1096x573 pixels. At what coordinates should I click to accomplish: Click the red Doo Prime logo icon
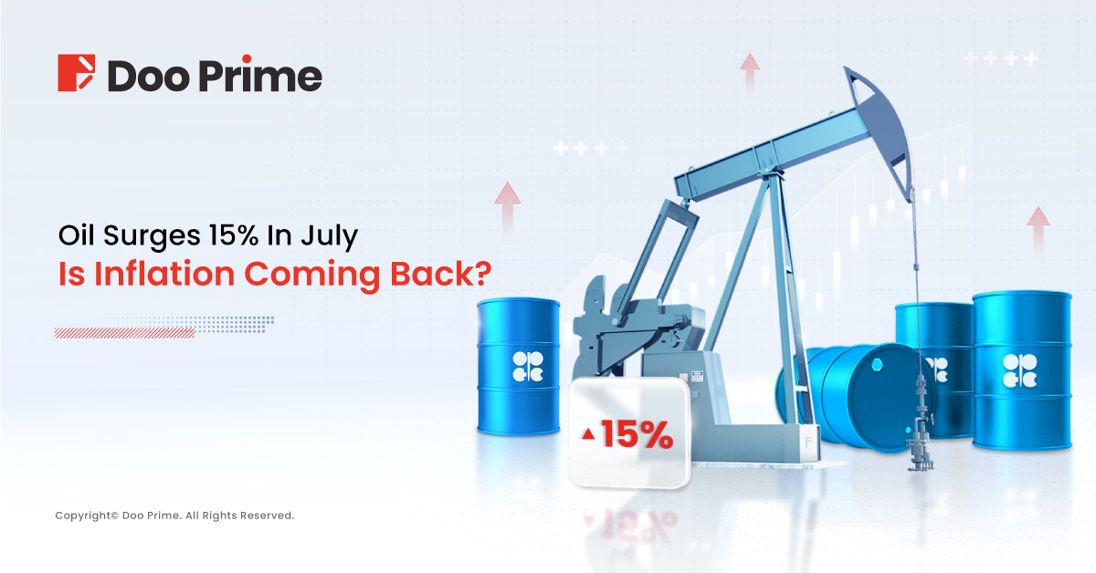click(x=77, y=72)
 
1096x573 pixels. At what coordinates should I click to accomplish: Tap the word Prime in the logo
click(x=261, y=74)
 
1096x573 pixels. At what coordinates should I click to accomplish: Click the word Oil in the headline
click(x=77, y=234)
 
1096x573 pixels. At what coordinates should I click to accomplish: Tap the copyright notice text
click(x=174, y=516)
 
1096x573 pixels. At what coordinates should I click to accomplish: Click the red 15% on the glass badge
click(x=638, y=433)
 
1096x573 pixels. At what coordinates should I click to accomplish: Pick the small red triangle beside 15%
click(x=588, y=433)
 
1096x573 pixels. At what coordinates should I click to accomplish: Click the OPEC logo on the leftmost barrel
click(x=528, y=366)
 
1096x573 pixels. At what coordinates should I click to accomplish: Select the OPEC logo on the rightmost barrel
click(x=1019, y=370)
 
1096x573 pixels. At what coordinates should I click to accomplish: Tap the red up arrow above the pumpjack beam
click(x=750, y=72)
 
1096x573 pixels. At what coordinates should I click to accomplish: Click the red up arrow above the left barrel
click(x=508, y=209)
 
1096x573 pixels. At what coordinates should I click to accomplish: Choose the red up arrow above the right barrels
click(x=1038, y=229)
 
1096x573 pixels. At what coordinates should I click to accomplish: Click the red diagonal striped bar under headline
click(x=125, y=333)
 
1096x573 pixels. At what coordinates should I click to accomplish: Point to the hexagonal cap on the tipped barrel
click(x=877, y=365)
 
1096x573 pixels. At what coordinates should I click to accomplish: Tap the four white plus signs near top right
click(x=1001, y=58)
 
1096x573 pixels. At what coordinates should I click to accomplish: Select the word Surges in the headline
click(x=152, y=236)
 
